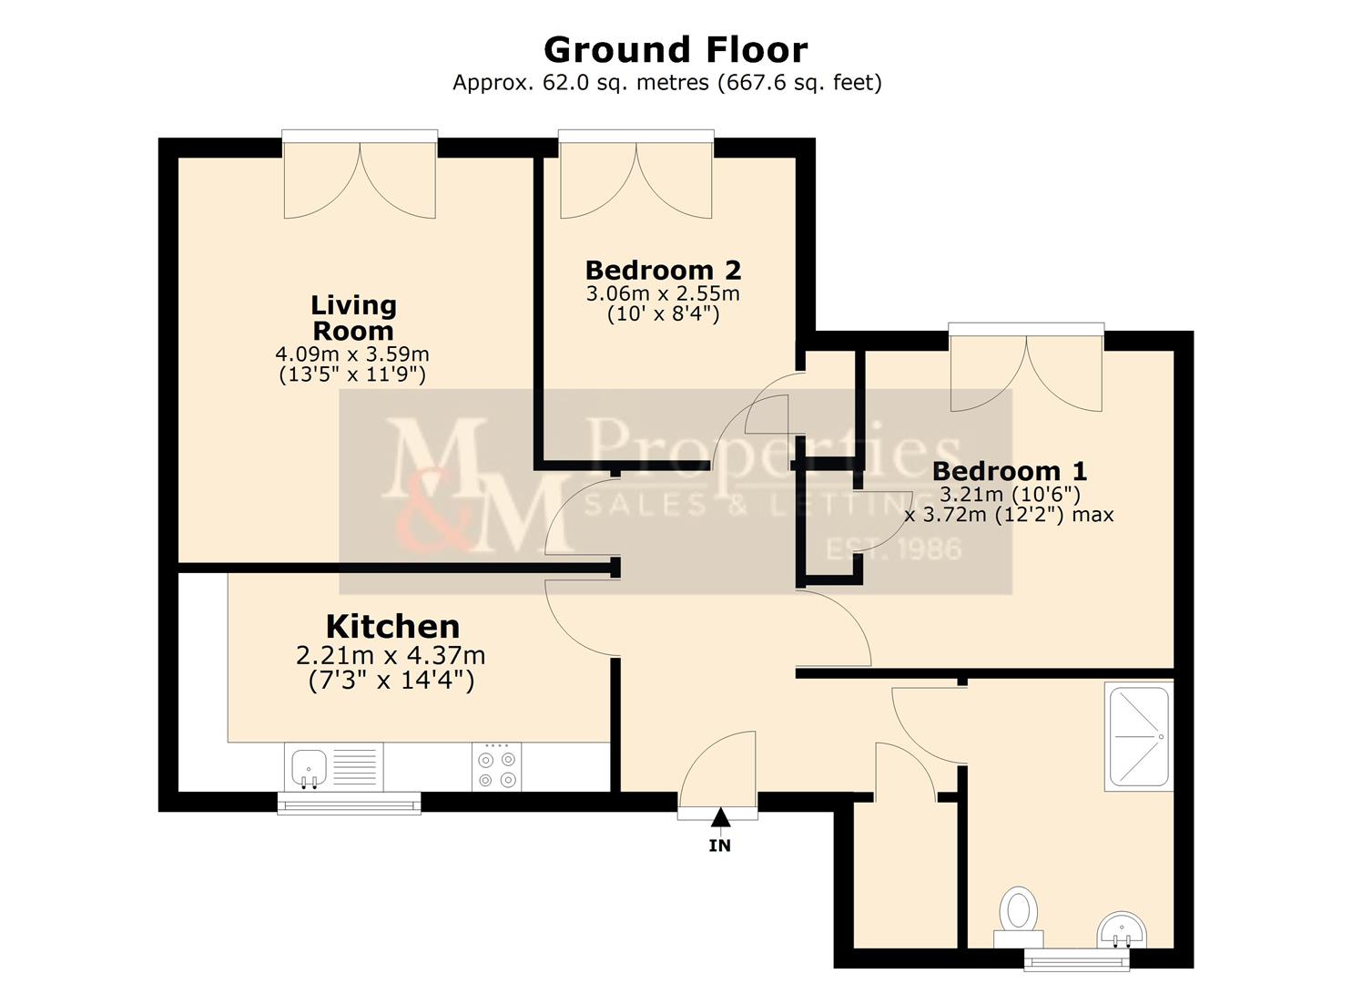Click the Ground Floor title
point(675,49)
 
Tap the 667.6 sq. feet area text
point(799,83)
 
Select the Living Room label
point(353,317)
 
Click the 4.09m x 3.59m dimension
point(352,354)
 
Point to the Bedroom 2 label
point(663,270)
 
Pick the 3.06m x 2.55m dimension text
point(663,293)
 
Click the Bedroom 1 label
point(1009,471)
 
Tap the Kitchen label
point(392,626)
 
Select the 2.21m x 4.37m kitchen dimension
point(391,655)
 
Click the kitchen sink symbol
point(310,766)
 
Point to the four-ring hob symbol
point(497,768)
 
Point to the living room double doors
point(360,178)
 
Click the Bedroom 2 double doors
point(635,178)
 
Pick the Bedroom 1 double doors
point(1026,369)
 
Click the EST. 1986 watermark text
point(893,549)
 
